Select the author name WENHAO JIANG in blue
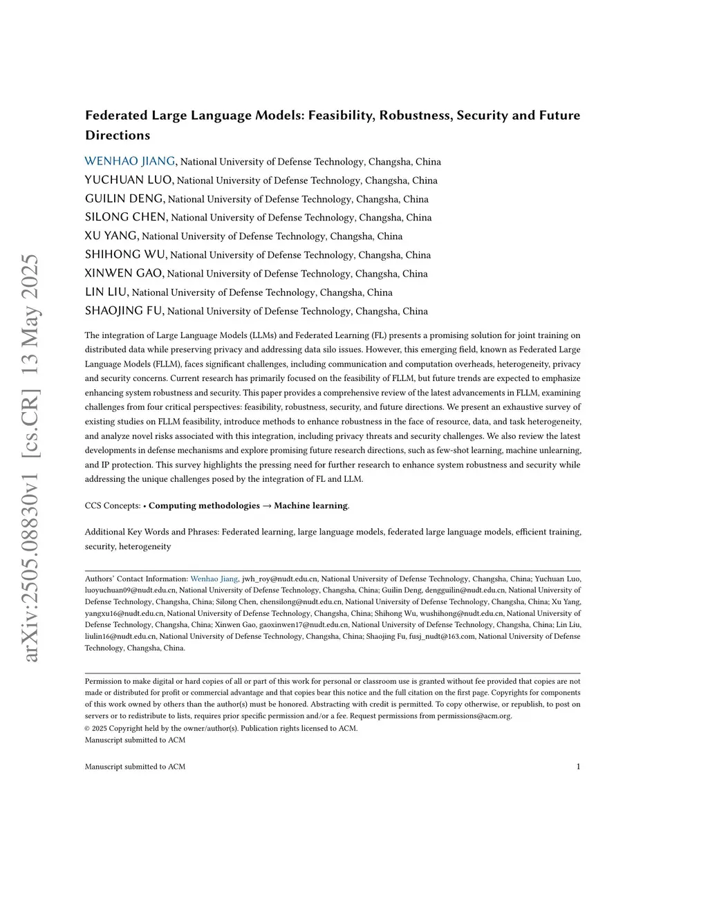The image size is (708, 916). (x=130, y=161)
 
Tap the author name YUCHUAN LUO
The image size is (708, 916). (x=129, y=180)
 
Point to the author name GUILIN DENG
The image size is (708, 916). (x=124, y=198)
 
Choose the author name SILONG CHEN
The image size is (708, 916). (x=126, y=217)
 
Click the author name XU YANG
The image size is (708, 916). (x=111, y=236)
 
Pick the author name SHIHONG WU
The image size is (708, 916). (x=125, y=254)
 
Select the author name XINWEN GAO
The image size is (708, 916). (x=124, y=273)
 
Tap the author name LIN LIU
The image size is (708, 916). (x=106, y=292)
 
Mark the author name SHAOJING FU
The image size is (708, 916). (x=124, y=310)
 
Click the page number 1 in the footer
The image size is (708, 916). (x=578, y=766)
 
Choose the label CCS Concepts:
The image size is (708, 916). (x=113, y=505)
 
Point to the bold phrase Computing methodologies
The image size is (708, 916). (x=204, y=505)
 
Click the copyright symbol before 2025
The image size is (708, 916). (x=88, y=728)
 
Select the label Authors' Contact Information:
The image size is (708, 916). (x=136, y=579)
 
